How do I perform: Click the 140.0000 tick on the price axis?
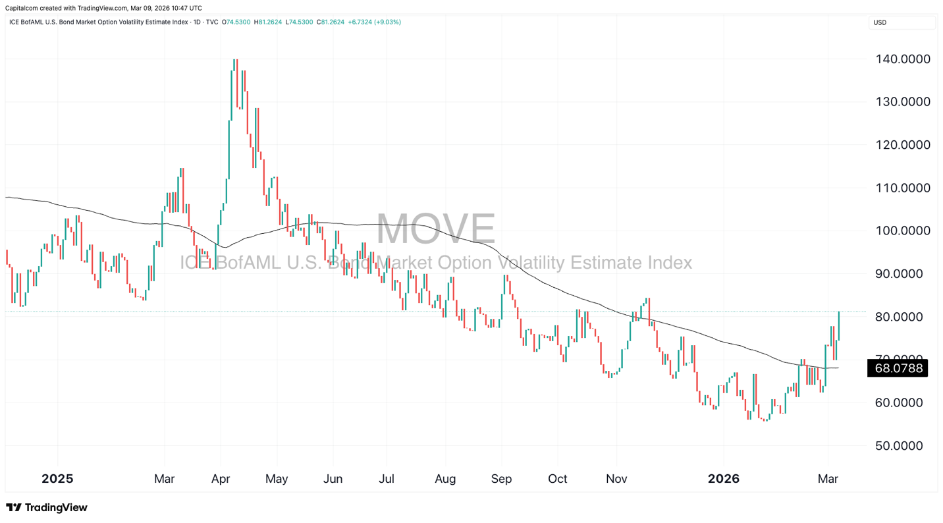(x=902, y=59)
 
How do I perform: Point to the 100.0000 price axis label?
(x=902, y=231)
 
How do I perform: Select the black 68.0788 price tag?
(x=897, y=368)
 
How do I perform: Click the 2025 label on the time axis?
(x=57, y=479)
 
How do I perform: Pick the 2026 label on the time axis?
(x=723, y=479)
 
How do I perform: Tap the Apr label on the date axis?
(x=221, y=479)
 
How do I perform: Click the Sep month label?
(x=501, y=479)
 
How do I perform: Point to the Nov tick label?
(x=616, y=479)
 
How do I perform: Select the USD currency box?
(x=901, y=22)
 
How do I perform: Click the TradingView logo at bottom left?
(x=47, y=507)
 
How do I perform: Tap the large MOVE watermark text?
(x=435, y=229)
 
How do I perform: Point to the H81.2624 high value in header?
(x=268, y=22)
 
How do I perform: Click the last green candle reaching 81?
(x=838, y=326)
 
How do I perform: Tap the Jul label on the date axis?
(x=387, y=479)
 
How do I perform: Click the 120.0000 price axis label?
(x=902, y=145)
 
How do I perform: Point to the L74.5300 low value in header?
(x=300, y=22)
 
